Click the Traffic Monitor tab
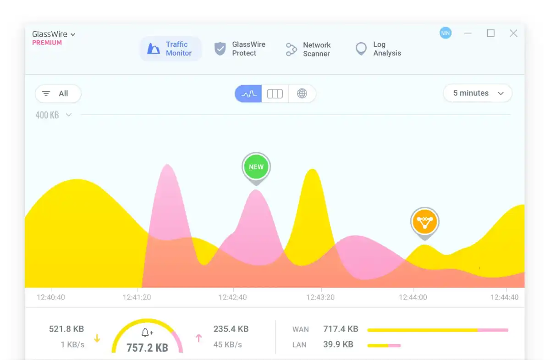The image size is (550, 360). coord(170,49)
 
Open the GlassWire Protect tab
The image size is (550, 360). coord(240,49)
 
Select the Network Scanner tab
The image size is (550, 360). coord(308,49)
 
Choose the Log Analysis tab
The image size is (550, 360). coord(378,49)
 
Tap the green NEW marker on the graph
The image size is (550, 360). coord(256,167)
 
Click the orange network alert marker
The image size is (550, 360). coord(425,222)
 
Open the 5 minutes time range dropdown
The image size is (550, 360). coord(478,93)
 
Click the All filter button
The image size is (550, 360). coord(58,94)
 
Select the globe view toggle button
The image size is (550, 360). coord(302,94)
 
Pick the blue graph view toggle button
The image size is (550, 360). coord(248,94)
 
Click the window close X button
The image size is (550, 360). coord(514,33)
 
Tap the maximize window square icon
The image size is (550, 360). coord(491,33)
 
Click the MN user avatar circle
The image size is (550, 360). coord(445,33)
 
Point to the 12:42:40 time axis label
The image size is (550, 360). coord(232,297)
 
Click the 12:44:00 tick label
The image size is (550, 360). coord(413,297)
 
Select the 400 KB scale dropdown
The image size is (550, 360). coord(54,115)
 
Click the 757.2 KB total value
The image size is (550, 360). coord(147,347)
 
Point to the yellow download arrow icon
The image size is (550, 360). coord(97,338)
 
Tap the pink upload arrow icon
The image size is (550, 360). coord(199,338)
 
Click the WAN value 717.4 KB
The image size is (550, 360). coord(341,329)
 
